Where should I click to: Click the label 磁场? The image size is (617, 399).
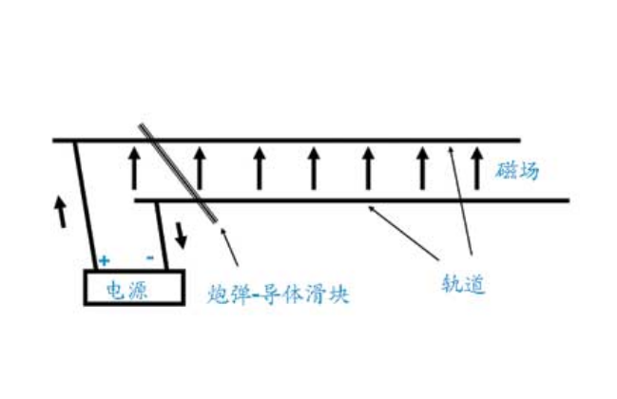click(516, 171)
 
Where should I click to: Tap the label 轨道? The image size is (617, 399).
click(463, 283)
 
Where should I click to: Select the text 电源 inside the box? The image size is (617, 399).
click(126, 291)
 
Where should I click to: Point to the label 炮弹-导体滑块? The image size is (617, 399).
click(279, 294)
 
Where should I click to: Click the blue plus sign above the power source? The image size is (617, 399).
click(104, 260)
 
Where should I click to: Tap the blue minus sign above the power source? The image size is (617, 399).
click(150, 257)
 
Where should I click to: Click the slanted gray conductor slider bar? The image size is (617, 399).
click(178, 173)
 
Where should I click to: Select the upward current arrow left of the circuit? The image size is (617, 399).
click(60, 211)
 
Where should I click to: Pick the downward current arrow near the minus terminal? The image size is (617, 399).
click(181, 235)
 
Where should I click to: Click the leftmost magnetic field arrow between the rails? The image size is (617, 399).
click(134, 168)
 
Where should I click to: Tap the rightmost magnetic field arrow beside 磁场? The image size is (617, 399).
click(477, 168)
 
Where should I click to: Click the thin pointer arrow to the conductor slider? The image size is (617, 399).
click(229, 247)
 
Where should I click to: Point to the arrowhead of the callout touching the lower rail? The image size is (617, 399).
click(370, 208)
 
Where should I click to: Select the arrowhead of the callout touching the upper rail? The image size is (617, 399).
click(451, 149)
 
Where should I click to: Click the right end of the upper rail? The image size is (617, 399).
click(520, 141)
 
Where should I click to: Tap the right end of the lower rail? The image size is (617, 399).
click(569, 200)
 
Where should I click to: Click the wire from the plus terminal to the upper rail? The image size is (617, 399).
click(86, 205)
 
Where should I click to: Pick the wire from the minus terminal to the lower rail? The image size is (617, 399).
click(163, 236)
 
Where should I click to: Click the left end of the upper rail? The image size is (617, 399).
click(54, 141)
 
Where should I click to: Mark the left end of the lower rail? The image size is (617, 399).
click(136, 200)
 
